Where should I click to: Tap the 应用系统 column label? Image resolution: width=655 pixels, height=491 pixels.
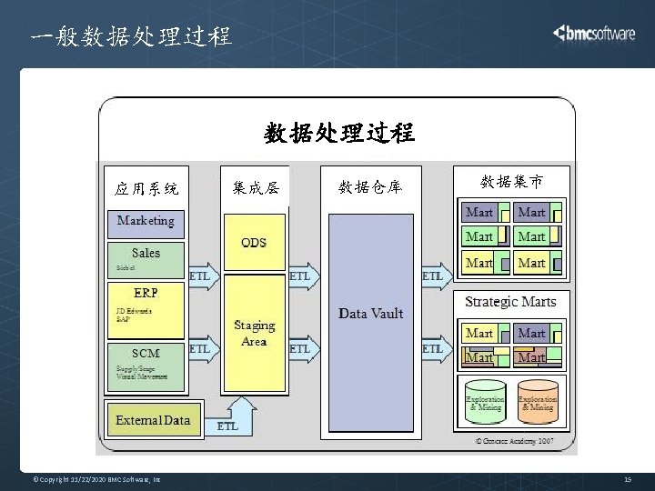[x=146, y=189]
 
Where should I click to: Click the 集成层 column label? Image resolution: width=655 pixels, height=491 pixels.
[x=256, y=188]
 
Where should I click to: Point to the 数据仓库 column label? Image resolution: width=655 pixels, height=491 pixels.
[x=369, y=187]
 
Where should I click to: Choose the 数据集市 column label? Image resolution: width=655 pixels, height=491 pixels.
[x=512, y=182]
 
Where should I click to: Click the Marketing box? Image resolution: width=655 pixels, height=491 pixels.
[x=146, y=220]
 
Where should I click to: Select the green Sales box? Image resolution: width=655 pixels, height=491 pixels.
[x=146, y=257]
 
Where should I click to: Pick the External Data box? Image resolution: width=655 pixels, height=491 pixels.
[x=153, y=419]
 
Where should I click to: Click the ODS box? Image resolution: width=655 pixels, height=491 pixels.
[x=254, y=243]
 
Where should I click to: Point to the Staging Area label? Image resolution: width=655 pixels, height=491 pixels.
[x=254, y=333]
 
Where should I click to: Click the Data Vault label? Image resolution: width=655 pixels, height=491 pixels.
[x=370, y=313]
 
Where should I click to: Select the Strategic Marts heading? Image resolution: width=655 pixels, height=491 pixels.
[x=510, y=301]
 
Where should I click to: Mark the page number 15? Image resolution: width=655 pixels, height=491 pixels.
[x=628, y=479]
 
